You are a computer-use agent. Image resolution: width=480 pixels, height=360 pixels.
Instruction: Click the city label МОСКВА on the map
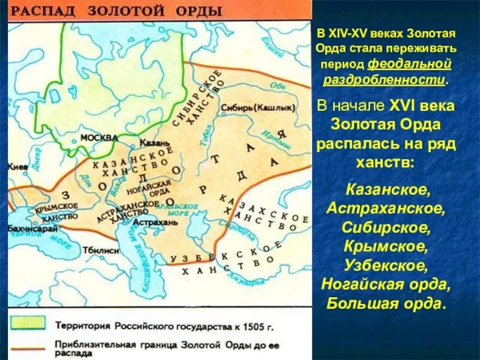point(99,137)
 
